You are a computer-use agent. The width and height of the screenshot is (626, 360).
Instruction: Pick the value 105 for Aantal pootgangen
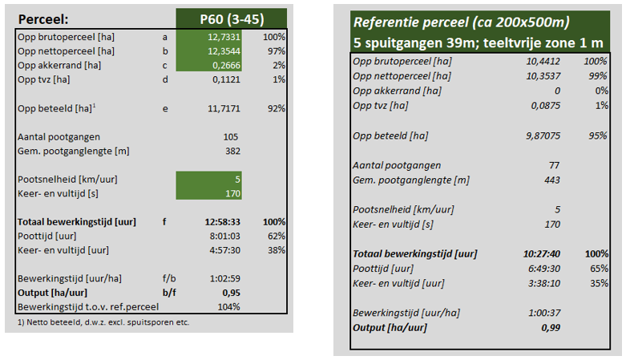[231, 136]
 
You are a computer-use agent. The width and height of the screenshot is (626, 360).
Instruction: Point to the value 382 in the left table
[231, 151]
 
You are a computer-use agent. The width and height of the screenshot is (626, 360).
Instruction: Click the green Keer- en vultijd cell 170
[231, 193]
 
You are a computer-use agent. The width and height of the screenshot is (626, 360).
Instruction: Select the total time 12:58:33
[217, 221]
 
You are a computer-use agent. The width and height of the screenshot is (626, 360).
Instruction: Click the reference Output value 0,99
[548, 327]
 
